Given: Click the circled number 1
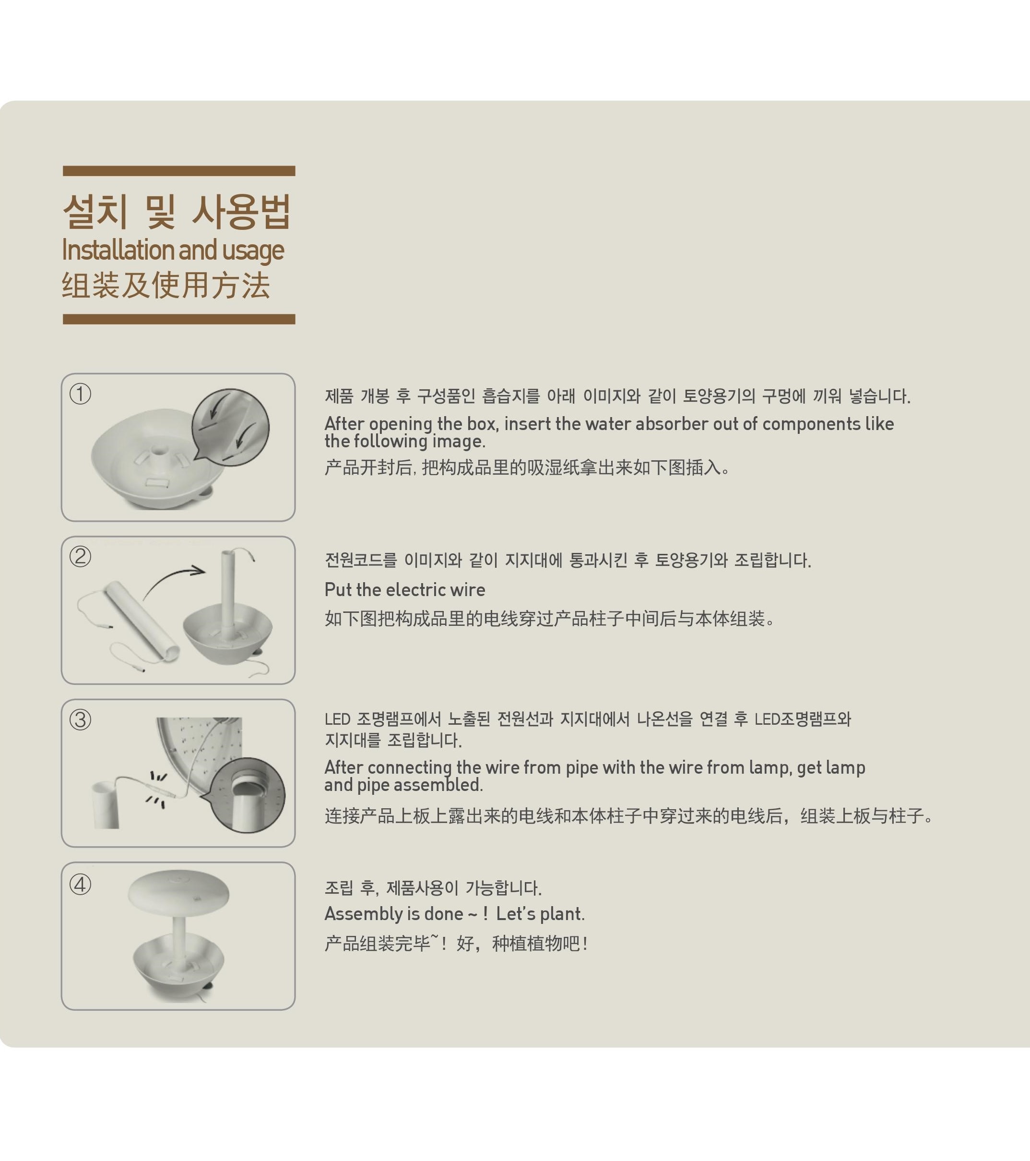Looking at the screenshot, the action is point(80,394).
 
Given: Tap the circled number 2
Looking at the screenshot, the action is point(80,557).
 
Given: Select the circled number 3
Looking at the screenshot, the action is point(80,719).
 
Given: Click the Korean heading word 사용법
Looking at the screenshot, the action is point(242,212).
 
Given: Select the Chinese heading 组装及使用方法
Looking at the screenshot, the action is point(166,285).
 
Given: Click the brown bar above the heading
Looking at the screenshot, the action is point(179,171).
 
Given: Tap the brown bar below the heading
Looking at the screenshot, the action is point(179,319).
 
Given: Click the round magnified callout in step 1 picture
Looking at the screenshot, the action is point(231,427).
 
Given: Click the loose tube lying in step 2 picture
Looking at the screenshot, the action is point(142,621).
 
